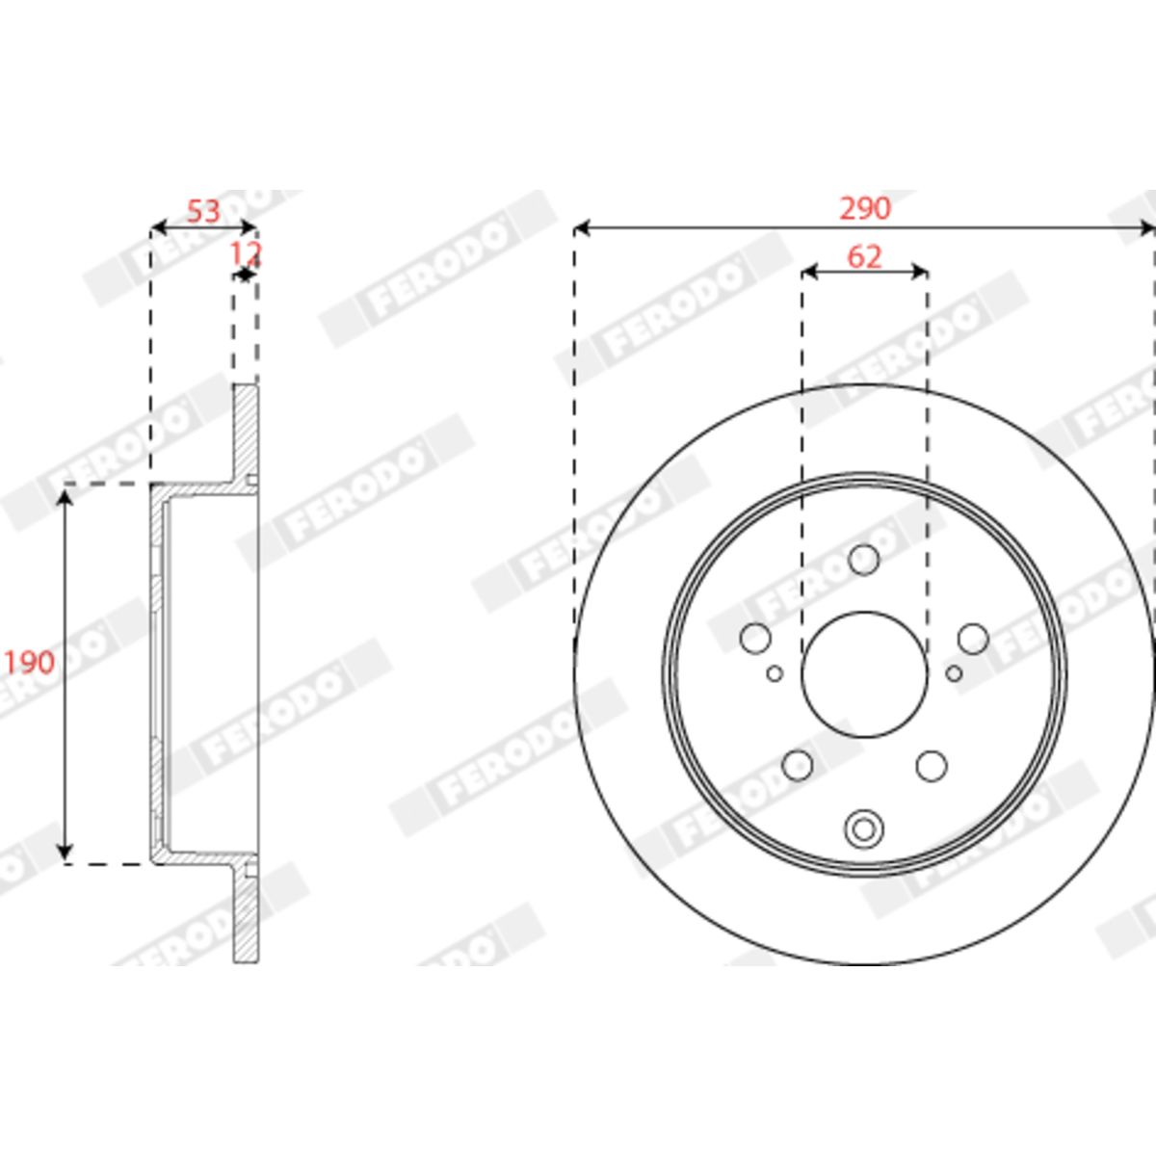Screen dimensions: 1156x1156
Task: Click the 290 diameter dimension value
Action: click(x=865, y=209)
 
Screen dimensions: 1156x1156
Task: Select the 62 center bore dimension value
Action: click(x=864, y=257)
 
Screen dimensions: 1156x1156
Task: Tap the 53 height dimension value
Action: click(x=204, y=212)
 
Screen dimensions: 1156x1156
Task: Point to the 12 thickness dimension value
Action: click(x=246, y=254)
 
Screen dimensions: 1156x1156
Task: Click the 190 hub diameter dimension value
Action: click(x=29, y=662)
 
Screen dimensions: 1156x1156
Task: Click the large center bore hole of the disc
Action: click(x=864, y=674)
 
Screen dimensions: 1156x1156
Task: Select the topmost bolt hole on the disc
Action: click(x=864, y=560)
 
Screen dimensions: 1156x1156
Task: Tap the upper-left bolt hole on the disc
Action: click(x=755, y=638)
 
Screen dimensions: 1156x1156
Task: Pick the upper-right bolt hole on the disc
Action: click(x=973, y=639)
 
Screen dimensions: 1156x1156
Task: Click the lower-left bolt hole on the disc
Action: click(x=798, y=766)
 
